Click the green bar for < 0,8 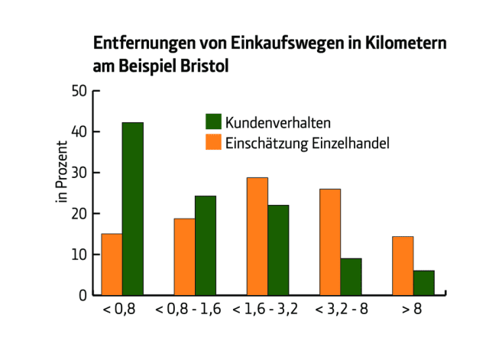click(x=133, y=209)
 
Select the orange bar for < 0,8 click(x=112, y=264)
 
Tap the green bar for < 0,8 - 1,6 click(x=206, y=245)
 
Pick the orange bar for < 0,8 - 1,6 click(x=185, y=257)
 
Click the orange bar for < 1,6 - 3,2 click(x=257, y=236)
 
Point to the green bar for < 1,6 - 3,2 click(x=278, y=250)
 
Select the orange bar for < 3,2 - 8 click(x=330, y=242)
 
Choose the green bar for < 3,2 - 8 click(x=351, y=277)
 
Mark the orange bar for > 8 click(x=403, y=266)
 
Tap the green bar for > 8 click(x=424, y=283)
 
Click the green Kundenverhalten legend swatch click(x=214, y=122)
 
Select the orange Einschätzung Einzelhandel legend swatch click(x=214, y=142)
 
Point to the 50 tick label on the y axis click(x=79, y=91)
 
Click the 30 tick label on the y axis click(x=79, y=173)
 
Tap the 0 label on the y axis click(x=83, y=295)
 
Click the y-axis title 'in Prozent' click(x=61, y=172)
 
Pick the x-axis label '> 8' click(x=412, y=309)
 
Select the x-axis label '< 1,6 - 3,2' click(x=265, y=309)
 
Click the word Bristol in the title click(x=205, y=66)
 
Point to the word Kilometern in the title click(x=406, y=43)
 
